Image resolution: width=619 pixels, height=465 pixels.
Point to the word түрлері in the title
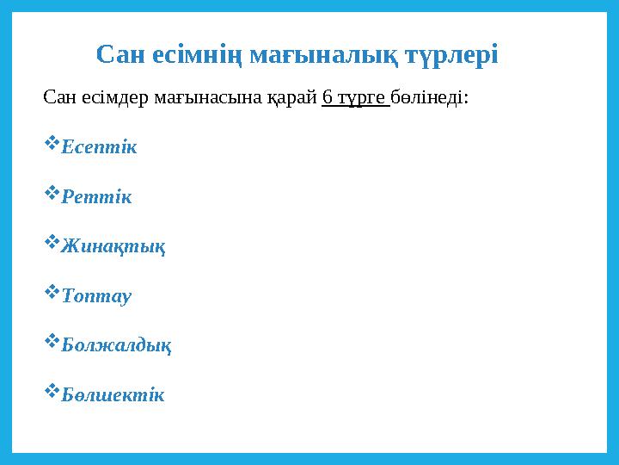click(x=452, y=56)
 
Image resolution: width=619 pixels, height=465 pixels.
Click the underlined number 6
click(x=328, y=96)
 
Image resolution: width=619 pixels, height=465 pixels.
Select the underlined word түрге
click(x=361, y=97)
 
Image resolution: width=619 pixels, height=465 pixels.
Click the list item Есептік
click(x=100, y=147)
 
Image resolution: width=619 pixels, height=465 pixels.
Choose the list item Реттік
click(x=97, y=197)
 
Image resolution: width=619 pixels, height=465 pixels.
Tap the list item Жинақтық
click(x=114, y=247)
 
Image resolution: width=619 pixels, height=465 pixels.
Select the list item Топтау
click(x=97, y=296)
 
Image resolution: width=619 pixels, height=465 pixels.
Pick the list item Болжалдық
click(x=117, y=346)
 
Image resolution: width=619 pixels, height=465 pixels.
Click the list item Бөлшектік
click(x=113, y=396)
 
